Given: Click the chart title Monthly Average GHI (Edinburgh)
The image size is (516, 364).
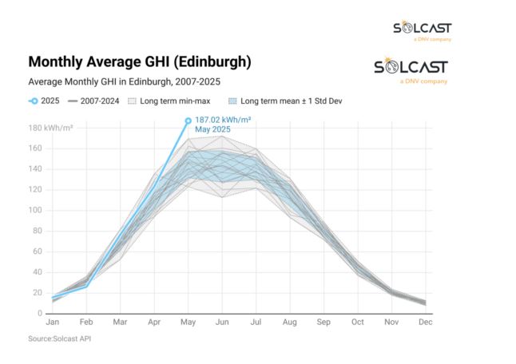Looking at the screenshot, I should coord(140,61).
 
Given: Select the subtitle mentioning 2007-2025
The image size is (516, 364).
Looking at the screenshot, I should coord(124,81).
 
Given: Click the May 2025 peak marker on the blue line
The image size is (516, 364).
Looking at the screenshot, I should coord(189,121).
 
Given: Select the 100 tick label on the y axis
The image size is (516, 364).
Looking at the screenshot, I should coord(36,210).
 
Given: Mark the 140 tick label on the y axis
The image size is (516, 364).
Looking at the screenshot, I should coord(36,169).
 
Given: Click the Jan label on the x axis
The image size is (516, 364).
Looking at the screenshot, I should coord(54,323).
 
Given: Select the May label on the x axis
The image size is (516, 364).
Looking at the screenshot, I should coord(189,323).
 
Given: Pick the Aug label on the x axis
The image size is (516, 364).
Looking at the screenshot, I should coord(289,323).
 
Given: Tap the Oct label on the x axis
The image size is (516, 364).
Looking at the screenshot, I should coord(357,323).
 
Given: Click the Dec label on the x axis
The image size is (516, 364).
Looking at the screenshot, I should coord(424,323).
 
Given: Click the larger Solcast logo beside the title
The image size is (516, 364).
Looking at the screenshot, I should coord(411,69).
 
